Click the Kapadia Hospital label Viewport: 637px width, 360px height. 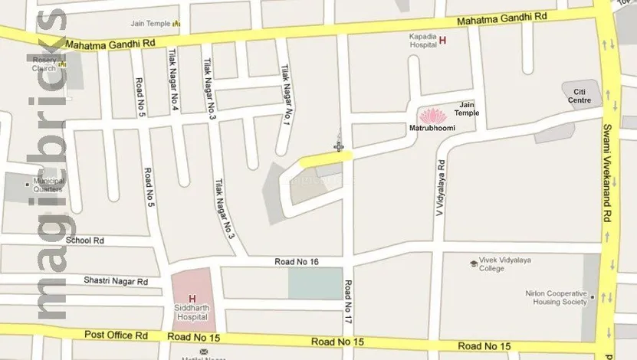(x=422, y=41)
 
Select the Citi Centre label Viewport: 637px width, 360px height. (x=579, y=97)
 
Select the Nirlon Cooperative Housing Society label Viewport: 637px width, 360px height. (x=557, y=298)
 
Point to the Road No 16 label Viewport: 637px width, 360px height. (x=297, y=263)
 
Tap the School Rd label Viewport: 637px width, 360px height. (x=84, y=241)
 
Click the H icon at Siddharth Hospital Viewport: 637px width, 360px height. (x=192, y=298)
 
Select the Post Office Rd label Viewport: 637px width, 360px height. (x=116, y=335)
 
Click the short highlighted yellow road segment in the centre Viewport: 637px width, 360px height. (x=326, y=159)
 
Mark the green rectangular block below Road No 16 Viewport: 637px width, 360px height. (x=315, y=283)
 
